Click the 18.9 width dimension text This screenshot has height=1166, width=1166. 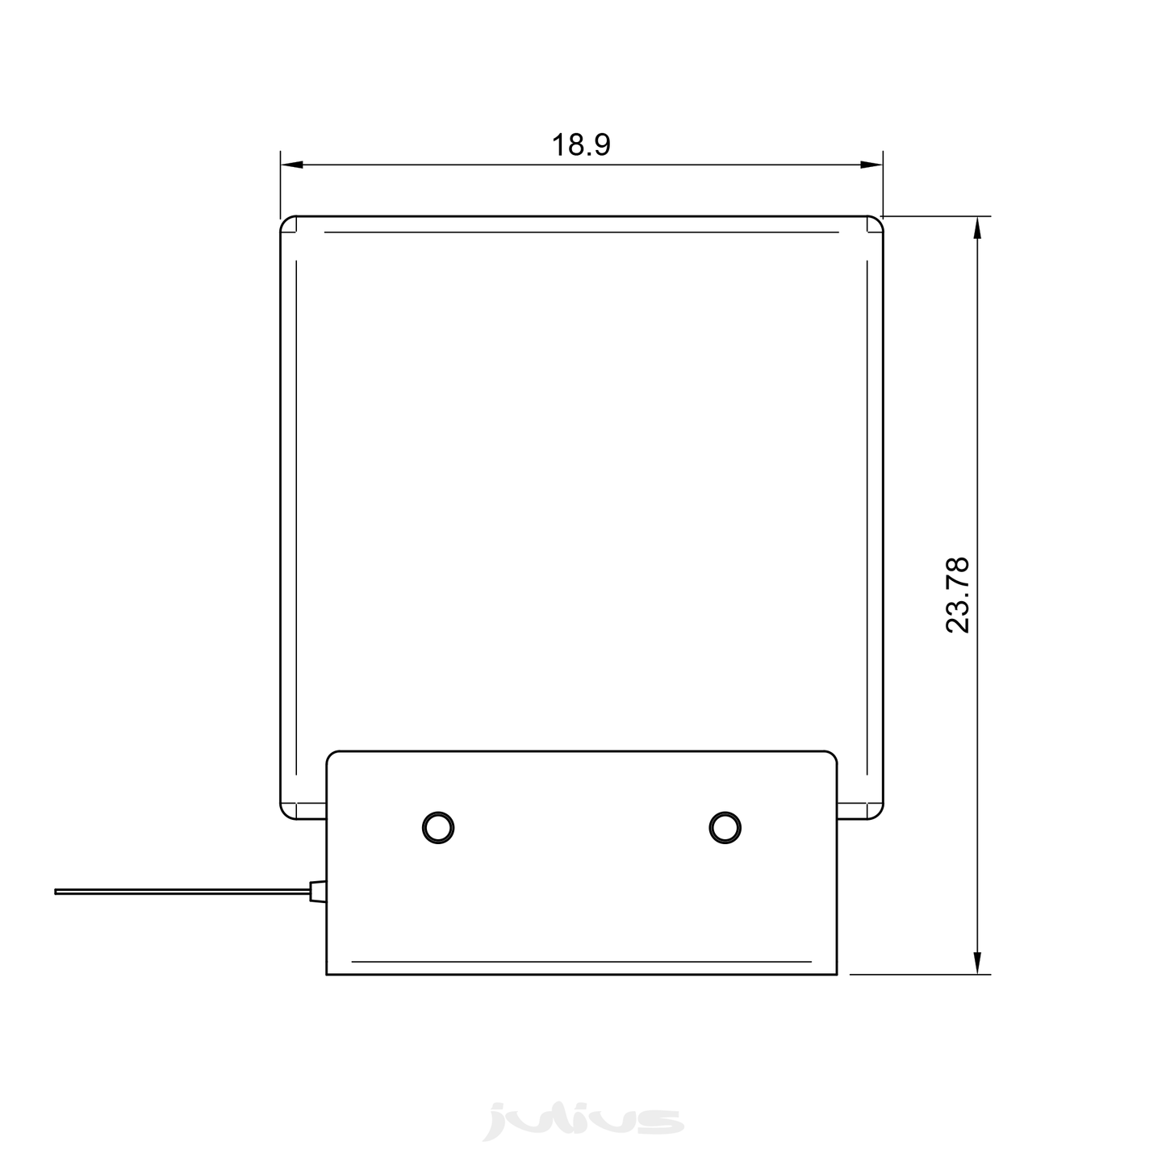pos(581,145)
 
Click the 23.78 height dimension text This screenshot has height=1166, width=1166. pos(958,595)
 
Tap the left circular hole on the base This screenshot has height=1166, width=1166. pos(438,827)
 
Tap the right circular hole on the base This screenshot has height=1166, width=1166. pos(725,827)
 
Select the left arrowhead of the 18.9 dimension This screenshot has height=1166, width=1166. pos(290,165)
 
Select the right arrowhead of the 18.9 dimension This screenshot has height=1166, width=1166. pos(872,165)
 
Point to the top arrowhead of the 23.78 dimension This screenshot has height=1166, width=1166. pos(978,228)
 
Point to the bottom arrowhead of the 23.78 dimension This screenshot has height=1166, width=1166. pos(978,964)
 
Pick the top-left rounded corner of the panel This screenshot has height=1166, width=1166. pos(286,222)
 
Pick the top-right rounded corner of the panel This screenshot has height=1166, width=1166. pos(878,222)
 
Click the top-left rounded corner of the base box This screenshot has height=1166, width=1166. pos(330,755)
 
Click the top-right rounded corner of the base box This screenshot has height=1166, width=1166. pos(833,755)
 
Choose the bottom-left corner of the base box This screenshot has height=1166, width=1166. pos(327,975)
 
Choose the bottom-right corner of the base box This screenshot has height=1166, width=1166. pos(837,975)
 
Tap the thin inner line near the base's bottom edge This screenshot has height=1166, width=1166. pos(581,961)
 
